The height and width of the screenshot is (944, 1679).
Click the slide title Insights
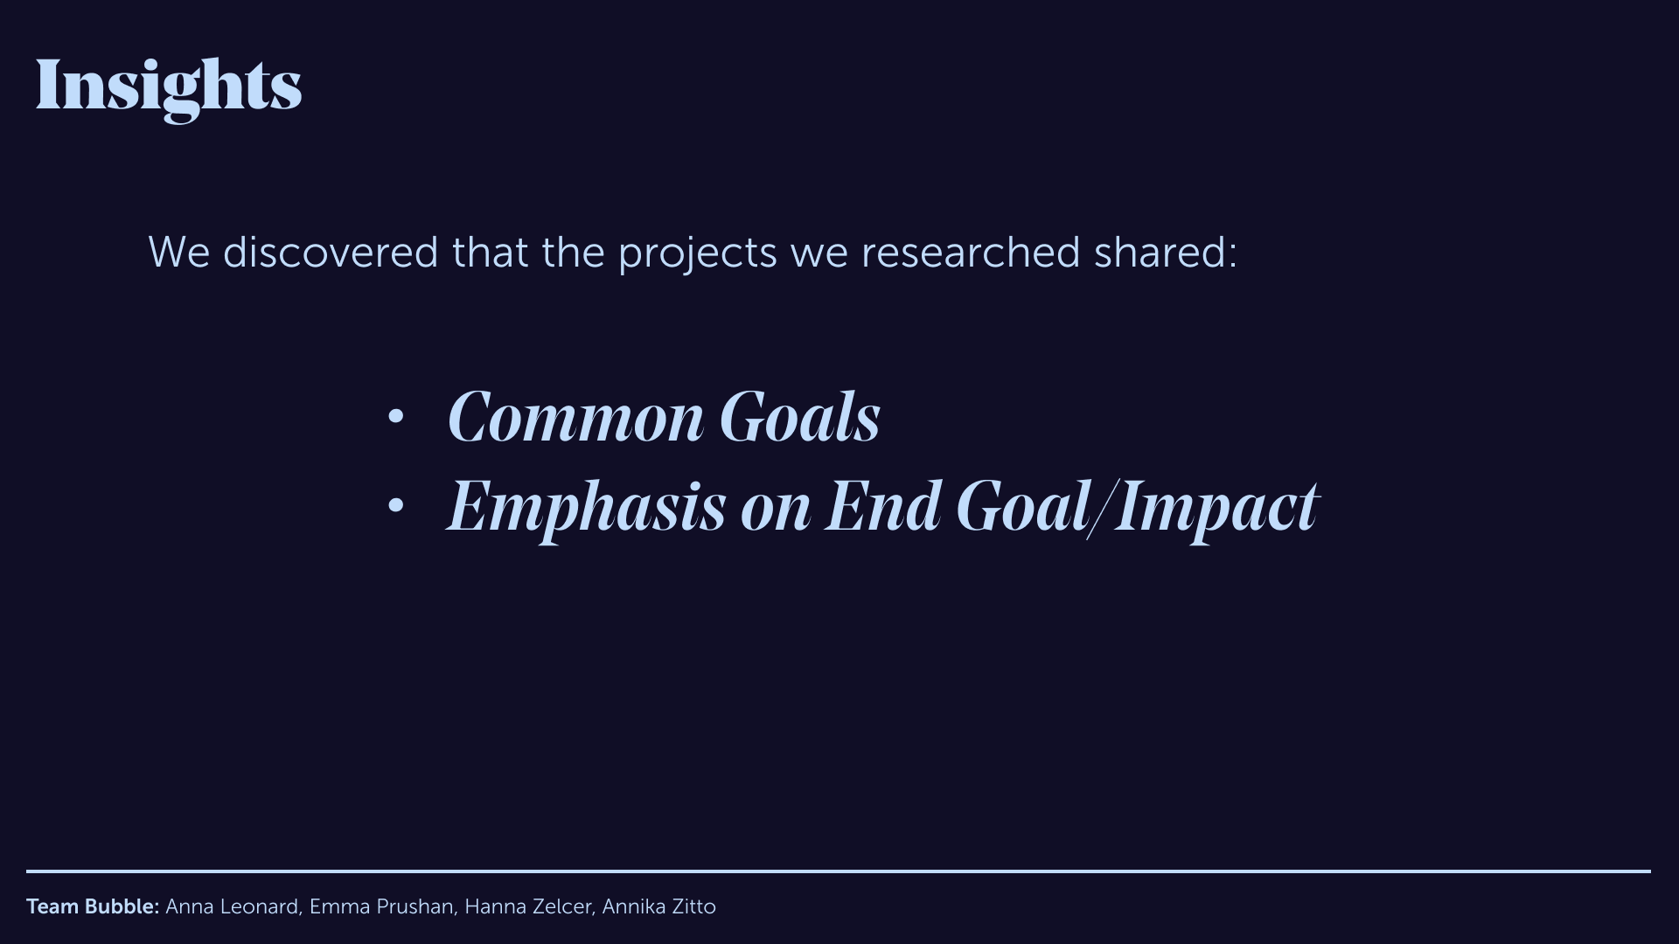pos(168,86)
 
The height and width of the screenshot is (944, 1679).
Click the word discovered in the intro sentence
pos(331,252)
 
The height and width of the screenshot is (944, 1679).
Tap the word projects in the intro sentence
pos(697,253)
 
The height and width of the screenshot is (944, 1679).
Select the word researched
pos(971,252)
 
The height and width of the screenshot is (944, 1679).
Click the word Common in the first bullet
pos(575,417)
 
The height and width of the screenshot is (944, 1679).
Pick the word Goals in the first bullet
pos(799,417)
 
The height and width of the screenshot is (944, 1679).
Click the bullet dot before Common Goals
pos(395,417)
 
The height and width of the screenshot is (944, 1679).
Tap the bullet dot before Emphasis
pos(395,504)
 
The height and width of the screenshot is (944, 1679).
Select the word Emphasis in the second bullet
pos(586,507)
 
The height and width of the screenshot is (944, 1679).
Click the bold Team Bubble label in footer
pos(93,906)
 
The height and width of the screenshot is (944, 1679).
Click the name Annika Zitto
pos(658,906)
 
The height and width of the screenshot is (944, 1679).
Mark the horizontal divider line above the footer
pos(839,871)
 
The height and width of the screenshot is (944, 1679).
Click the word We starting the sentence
pos(179,252)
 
